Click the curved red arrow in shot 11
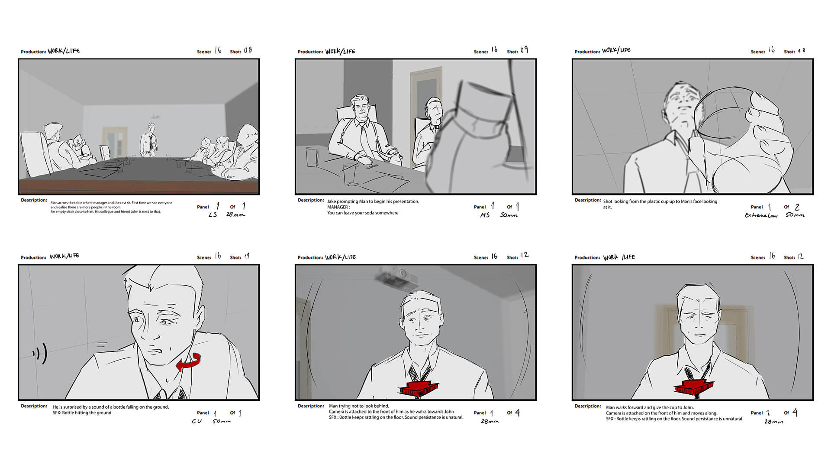189,362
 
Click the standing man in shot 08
150,140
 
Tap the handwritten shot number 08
248,50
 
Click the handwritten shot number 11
247,257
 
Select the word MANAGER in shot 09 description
338,207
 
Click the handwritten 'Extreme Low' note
761,215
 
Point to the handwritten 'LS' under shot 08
213,214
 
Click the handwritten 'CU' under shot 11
196,421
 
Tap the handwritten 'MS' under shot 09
485,215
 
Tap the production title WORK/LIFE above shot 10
616,50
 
